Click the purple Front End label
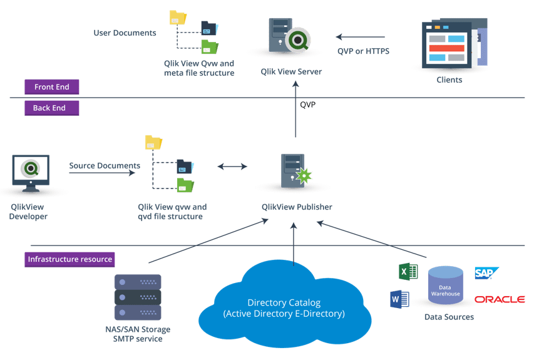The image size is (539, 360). (x=52, y=87)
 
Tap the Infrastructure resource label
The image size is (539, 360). (x=70, y=259)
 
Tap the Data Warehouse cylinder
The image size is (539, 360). (x=445, y=286)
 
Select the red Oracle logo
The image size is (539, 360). (x=499, y=299)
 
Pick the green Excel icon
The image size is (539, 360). (x=408, y=272)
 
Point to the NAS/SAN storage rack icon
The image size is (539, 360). (x=138, y=297)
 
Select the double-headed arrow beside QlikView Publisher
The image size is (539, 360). (x=232, y=167)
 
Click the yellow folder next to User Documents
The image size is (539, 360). (x=178, y=18)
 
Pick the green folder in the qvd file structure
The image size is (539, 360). (x=185, y=185)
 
